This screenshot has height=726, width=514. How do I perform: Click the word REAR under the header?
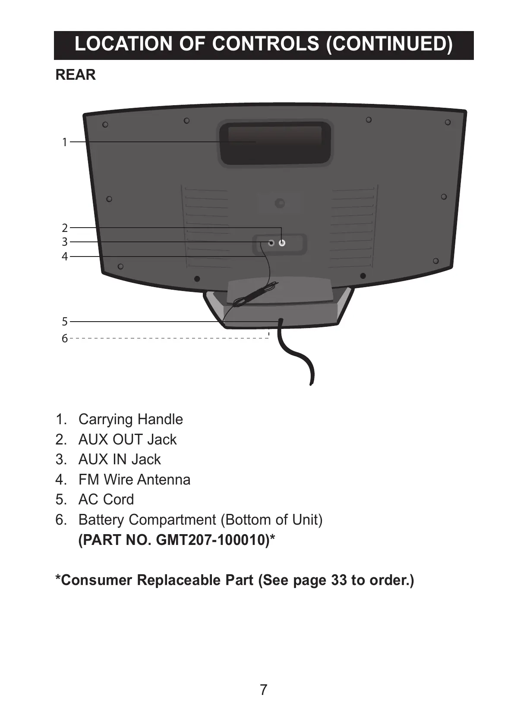(x=76, y=75)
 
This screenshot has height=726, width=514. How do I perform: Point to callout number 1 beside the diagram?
(x=65, y=142)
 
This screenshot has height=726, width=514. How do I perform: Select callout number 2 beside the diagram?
(x=65, y=228)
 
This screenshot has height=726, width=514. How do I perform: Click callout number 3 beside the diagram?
(x=65, y=242)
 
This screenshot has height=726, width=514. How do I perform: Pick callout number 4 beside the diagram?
(x=65, y=257)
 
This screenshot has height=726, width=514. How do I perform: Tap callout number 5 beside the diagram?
(x=65, y=322)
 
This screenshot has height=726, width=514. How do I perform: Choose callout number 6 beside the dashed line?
(x=65, y=338)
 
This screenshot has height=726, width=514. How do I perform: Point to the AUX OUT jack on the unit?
(x=282, y=243)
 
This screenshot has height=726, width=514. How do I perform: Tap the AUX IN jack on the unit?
(x=271, y=243)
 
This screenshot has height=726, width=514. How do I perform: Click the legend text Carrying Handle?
(x=130, y=419)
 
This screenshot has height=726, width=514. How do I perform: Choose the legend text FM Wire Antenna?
(x=134, y=480)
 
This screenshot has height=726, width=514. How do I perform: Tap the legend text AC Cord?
(x=106, y=500)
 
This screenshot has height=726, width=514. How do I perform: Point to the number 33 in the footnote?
(x=339, y=581)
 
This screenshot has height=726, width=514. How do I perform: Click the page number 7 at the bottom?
(x=264, y=690)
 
